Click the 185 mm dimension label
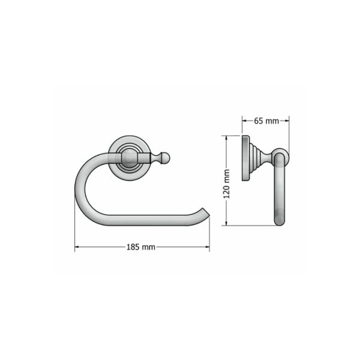click(x=142, y=247)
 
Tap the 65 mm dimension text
click(x=266, y=121)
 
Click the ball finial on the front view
click(x=165, y=158)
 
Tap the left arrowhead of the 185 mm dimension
click(x=77, y=247)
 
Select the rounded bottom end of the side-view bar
click(x=280, y=220)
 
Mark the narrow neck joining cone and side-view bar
click(x=268, y=158)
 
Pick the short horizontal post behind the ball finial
click(x=147, y=158)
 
